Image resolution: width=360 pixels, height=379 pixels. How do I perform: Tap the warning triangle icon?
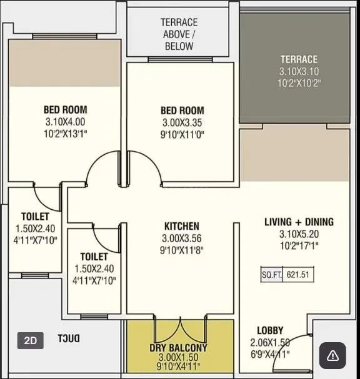(x=332, y=355)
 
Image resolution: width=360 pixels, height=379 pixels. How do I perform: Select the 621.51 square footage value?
(x=299, y=273)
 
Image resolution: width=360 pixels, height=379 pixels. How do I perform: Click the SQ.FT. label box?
(x=272, y=273)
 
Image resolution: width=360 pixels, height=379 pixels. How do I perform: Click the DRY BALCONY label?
(x=178, y=347)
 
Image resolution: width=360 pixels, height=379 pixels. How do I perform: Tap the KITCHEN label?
(x=182, y=226)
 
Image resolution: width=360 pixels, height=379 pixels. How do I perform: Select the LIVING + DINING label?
(x=299, y=222)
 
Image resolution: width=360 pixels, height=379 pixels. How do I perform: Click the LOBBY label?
(x=270, y=330)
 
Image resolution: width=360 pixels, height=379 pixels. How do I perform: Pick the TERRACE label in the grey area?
(x=299, y=59)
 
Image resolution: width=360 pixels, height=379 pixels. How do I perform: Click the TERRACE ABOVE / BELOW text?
(x=179, y=34)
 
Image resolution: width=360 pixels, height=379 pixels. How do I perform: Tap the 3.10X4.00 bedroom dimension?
(x=65, y=122)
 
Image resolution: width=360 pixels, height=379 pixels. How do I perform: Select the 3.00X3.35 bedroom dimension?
(x=182, y=123)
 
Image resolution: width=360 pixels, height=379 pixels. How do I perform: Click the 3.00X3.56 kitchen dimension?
(x=182, y=238)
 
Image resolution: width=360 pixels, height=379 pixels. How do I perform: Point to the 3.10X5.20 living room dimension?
(x=299, y=234)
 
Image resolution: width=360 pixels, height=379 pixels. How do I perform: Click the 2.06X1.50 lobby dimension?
(x=270, y=342)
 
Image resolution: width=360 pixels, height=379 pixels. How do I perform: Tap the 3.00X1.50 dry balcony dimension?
(x=178, y=357)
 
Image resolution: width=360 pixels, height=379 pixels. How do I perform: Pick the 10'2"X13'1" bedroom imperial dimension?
(x=65, y=133)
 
